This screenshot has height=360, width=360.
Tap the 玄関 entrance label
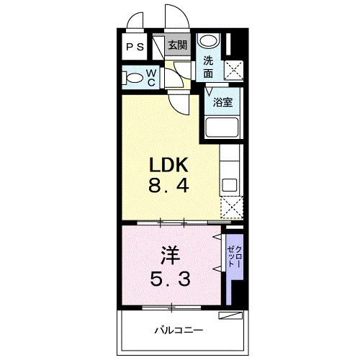(176, 45)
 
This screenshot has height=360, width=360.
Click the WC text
(152, 76)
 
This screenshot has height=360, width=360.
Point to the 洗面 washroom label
(208, 67)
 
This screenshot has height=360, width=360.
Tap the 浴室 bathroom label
(222, 102)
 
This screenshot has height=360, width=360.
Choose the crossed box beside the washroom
(232, 70)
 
